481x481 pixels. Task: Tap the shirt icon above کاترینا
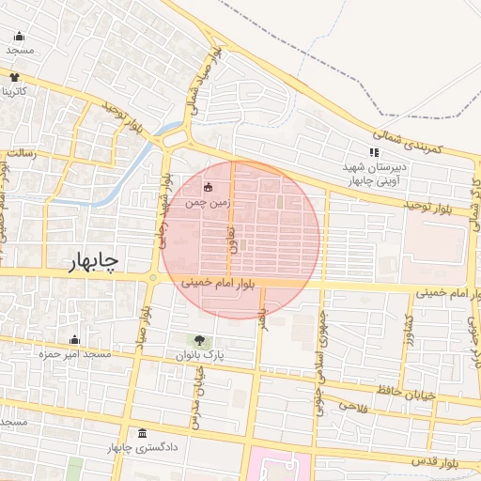pyautogui.click(x=15, y=77)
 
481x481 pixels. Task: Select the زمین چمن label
pyautogui.click(x=207, y=201)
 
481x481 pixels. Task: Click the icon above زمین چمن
pyautogui.click(x=208, y=186)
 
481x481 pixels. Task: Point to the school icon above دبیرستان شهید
pyautogui.click(x=374, y=152)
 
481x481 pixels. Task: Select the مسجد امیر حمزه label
pyautogui.click(x=75, y=354)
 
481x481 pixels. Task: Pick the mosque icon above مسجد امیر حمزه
pyautogui.click(x=75, y=340)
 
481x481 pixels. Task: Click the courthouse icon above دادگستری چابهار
pyautogui.click(x=142, y=433)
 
